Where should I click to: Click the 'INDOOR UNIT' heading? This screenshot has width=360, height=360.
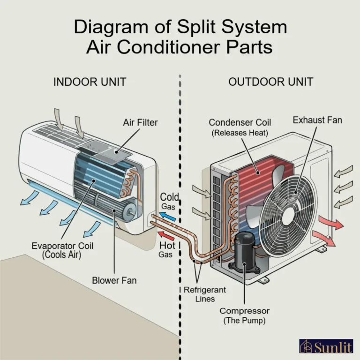click(90, 82)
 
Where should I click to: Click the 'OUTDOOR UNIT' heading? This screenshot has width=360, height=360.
click(270, 82)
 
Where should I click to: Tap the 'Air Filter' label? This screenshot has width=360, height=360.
click(140, 122)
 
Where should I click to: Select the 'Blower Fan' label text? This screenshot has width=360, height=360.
click(114, 281)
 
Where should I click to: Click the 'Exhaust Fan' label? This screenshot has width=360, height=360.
click(317, 120)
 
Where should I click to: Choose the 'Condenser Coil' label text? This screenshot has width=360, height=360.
click(240, 123)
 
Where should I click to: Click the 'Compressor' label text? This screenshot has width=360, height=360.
click(244, 311)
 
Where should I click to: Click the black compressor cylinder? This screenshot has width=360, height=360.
click(244, 250)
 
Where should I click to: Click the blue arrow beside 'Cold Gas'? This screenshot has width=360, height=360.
click(167, 217)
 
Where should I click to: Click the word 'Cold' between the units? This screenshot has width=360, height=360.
click(170, 197)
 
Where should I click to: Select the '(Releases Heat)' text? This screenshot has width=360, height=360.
click(240, 133)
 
